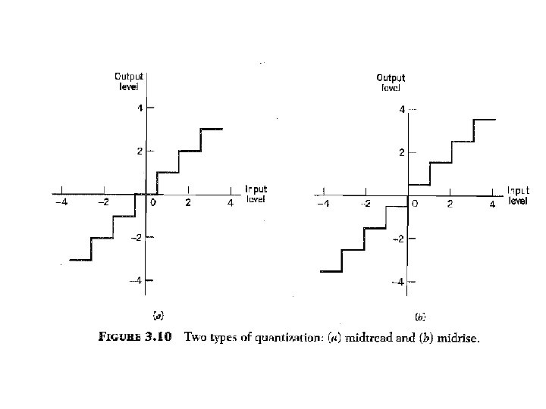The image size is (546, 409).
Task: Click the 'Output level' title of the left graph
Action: [x=129, y=80]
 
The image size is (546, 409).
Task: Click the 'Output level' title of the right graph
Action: [x=391, y=83]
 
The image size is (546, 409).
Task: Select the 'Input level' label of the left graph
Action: [x=256, y=194]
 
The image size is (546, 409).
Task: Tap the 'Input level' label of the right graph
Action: [x=518, y=196]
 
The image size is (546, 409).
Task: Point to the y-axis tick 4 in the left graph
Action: [x=139, y=108]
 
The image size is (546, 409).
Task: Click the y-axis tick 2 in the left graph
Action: [x=139, y=151]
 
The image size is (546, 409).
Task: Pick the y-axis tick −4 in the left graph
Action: [x=136, y=281]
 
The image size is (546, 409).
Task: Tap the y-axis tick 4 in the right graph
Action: [x=403, y=110]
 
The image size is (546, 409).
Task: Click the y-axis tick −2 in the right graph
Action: [x=398, y=239]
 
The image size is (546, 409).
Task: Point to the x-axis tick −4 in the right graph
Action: [x=323, y=204]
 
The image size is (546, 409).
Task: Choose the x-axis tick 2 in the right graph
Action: [x=450, y=204]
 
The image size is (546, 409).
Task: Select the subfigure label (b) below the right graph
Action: [x=419, y=317]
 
